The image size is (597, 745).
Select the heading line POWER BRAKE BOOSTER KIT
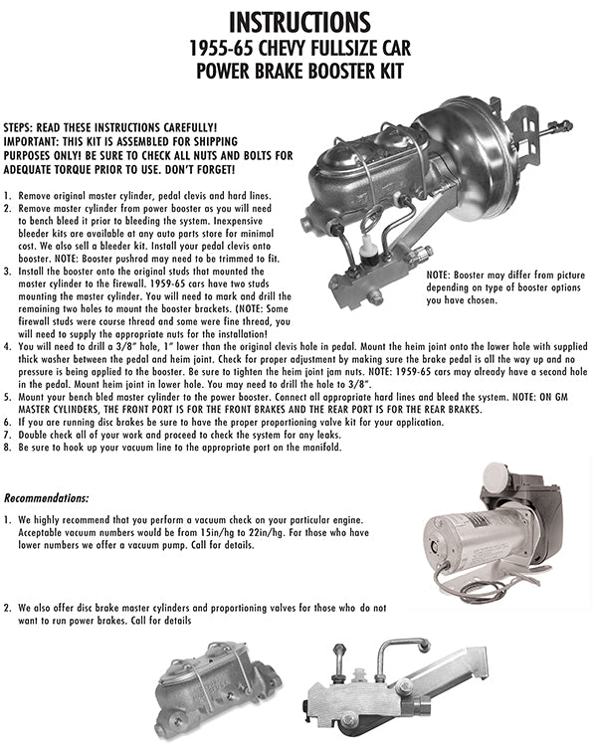tap(298, 71)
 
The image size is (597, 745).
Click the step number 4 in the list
tap(8, 346)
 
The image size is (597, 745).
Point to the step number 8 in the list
tap(8, 448)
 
